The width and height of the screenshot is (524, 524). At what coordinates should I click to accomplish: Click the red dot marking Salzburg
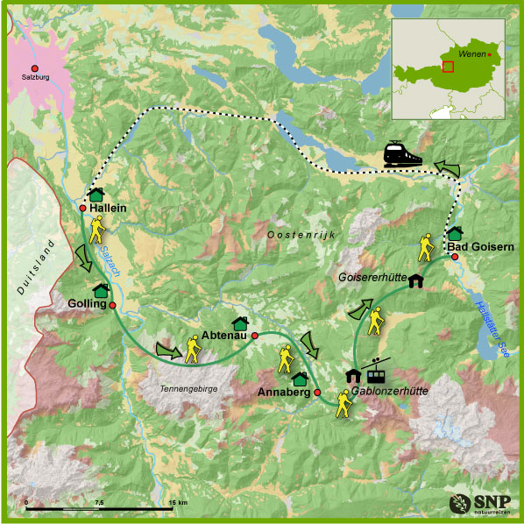(35, 68)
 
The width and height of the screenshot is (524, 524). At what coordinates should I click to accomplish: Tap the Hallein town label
(110, 208)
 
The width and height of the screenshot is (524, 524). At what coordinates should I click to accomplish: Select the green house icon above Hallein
(96, 194)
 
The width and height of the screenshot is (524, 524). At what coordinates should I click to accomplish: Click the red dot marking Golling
(112, 305)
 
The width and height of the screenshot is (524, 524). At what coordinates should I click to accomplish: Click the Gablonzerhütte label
(390, 392)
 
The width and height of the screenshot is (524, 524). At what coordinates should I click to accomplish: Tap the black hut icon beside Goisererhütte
(414, 280)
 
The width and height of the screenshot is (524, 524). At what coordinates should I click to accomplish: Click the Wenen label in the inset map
(471, 53)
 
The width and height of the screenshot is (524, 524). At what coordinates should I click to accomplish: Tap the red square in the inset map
(449, 66)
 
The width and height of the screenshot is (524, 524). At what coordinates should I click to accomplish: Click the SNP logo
(478, 504)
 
